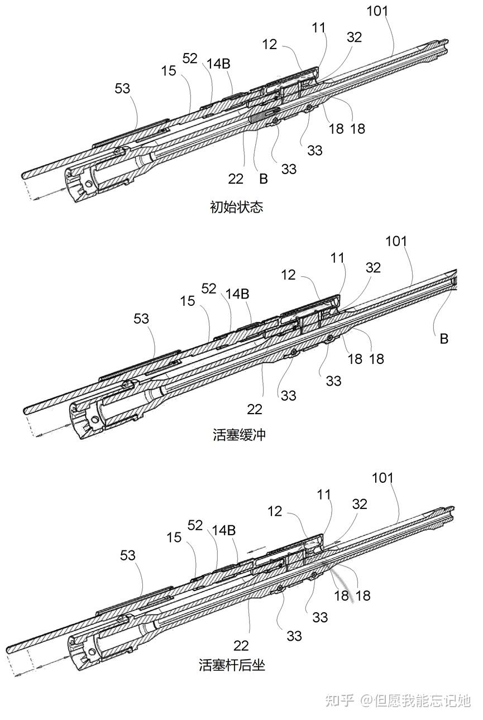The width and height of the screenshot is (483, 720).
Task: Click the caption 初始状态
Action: [x=236, y=208]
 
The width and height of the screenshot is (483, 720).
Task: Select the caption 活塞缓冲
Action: [x=239, y=434]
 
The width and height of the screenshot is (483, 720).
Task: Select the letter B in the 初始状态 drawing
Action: [x=263, y=179]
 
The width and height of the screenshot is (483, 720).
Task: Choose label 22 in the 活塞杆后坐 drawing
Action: [x=241, y=645]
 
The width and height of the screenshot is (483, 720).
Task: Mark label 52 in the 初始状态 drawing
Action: [x=190, y=58]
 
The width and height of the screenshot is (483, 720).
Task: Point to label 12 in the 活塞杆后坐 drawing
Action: [x=275, y=511]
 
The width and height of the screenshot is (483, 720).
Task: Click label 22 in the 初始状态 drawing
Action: [x=236, y=179]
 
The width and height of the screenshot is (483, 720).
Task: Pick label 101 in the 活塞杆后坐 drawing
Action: [x=382, y=478]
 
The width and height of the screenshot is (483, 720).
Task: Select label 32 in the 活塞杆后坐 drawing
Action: [x=360, y=504]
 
